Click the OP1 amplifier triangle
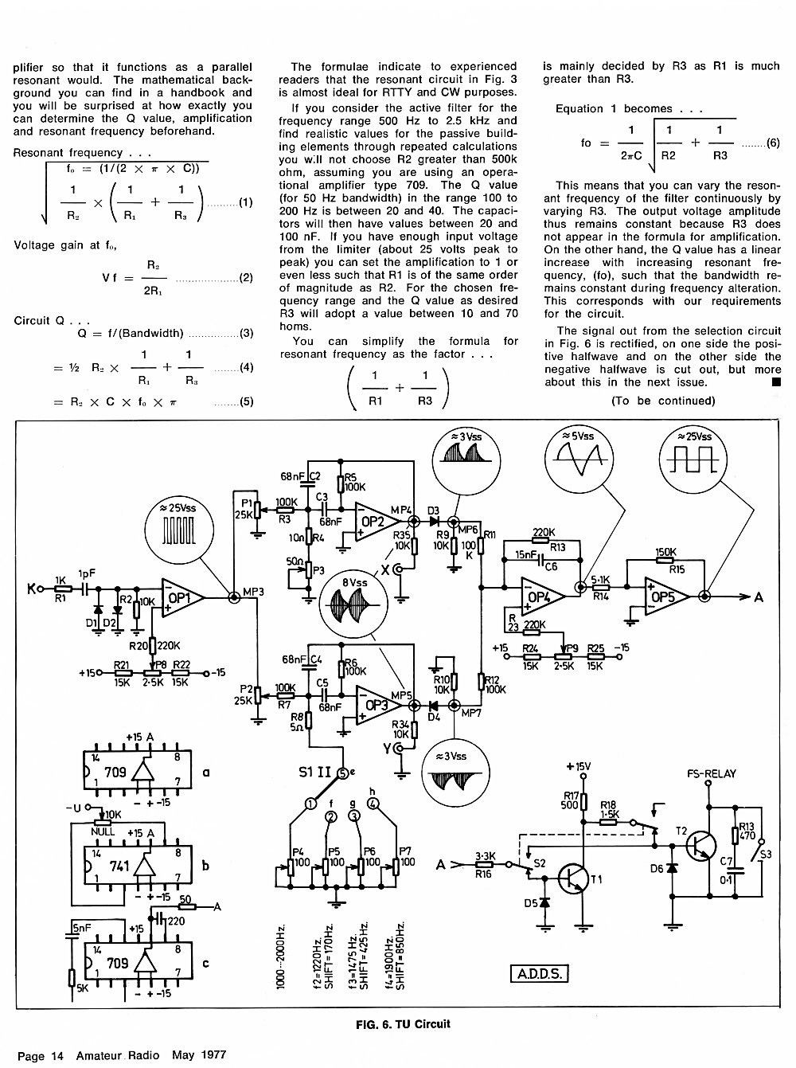(182, 597)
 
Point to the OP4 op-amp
(543, 597)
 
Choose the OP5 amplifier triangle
(667, 596)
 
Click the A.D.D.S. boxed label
(539, 973)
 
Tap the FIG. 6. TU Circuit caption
(403, 1023)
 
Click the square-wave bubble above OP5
(693, 460)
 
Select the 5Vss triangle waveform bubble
(579, 459)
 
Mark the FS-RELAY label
(712, 773)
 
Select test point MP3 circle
(234, 597)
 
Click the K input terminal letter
(32, 589)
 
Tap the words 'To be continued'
(663, 401)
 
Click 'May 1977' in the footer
(199, 1055)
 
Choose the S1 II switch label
(314, 772)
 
